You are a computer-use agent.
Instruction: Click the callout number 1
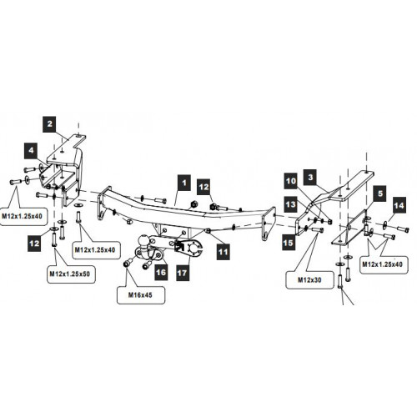[x=183, y=183]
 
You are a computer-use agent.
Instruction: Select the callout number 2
[x=49, y=124]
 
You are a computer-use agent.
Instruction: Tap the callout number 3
[x=311, y=177]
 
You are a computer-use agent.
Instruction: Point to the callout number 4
[x=31, y=150]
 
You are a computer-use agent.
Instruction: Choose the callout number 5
[x=380, y=193]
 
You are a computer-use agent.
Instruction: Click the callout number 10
[x=291, y=181]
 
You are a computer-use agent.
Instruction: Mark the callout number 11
[x=223, y=252]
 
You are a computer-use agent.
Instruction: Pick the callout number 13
[x=291, y=204]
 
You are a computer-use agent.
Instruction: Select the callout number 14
[x=399, y=205]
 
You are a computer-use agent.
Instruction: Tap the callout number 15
[x=289, y=243]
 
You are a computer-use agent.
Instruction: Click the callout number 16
[x=161, y=272]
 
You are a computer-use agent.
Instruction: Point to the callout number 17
[x=182, y=273]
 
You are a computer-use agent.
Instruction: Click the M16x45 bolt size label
[x=140, y=295]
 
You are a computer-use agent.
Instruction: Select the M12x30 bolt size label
[x=309, y=279]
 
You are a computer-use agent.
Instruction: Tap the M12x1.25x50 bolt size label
[x=70, y=274]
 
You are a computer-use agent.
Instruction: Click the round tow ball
[x=145, y=239]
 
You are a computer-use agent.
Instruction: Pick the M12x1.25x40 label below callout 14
[x=382, y=264]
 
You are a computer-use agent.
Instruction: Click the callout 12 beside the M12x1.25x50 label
[x=34, y=244]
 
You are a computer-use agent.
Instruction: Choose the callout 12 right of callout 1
[x=203, y=187]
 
